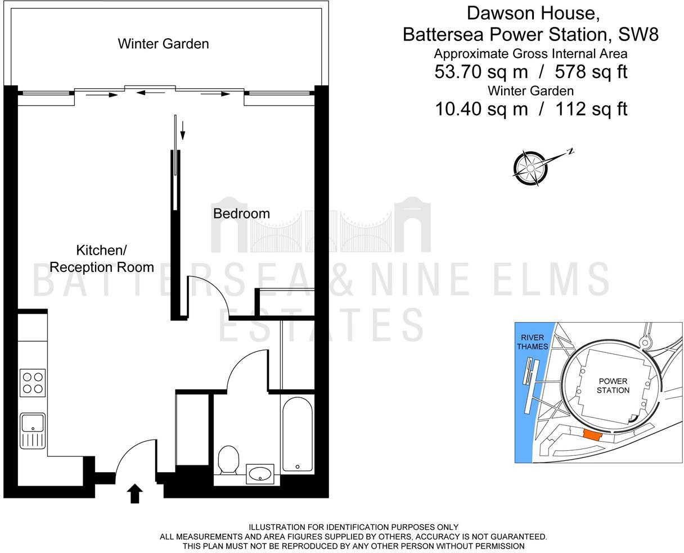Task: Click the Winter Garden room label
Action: pyautogui.click(x=163, y=44)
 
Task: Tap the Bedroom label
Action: pyautogui.click(x=241, y=214)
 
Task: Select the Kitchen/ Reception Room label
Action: pyautogui.click(x=101, y=259)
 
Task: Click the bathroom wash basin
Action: pyautogui.click(x=260, y=474)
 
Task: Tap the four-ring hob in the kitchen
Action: pyautogui.click(x=32, y=382)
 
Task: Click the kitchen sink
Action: pyautogui.click(x=33, y=430)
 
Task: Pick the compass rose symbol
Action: pyautogui.click(x=530, y=167)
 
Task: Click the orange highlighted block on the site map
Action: pyautogui.click(x=592, y=434)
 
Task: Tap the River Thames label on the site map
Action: pyautogui.click(x=532, y=342)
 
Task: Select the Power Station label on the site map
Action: pyautogui.click(x=613, y=386)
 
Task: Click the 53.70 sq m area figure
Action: pyautogui.click(x=481, y=72)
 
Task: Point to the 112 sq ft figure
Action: pyautogui.click(x=591, y=108)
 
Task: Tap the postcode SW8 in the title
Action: pyautogui.click(x=638, y=34)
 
